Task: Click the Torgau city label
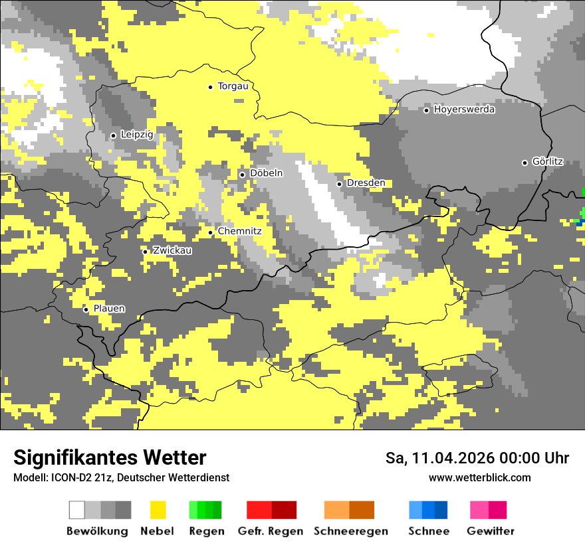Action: point(233,86)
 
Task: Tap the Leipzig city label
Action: point(137,135)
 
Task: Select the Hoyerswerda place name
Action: point(464,110)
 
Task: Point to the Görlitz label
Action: point(548,162)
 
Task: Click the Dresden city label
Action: point(366,183)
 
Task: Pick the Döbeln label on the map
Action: point(266,173)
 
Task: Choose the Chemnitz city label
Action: point(239,232)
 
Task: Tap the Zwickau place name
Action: point(172,251)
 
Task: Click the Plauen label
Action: point(109,309)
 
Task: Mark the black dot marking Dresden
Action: point(339,184)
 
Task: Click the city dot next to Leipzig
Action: point(113,135)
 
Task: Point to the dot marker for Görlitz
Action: point(525,163)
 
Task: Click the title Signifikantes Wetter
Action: point(110,457)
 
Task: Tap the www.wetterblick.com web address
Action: point(479,478)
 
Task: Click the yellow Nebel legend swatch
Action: point(158,510)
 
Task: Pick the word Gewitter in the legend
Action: point(491,531)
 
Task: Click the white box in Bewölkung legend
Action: point(77,510)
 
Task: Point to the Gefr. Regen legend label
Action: point(271,531)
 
